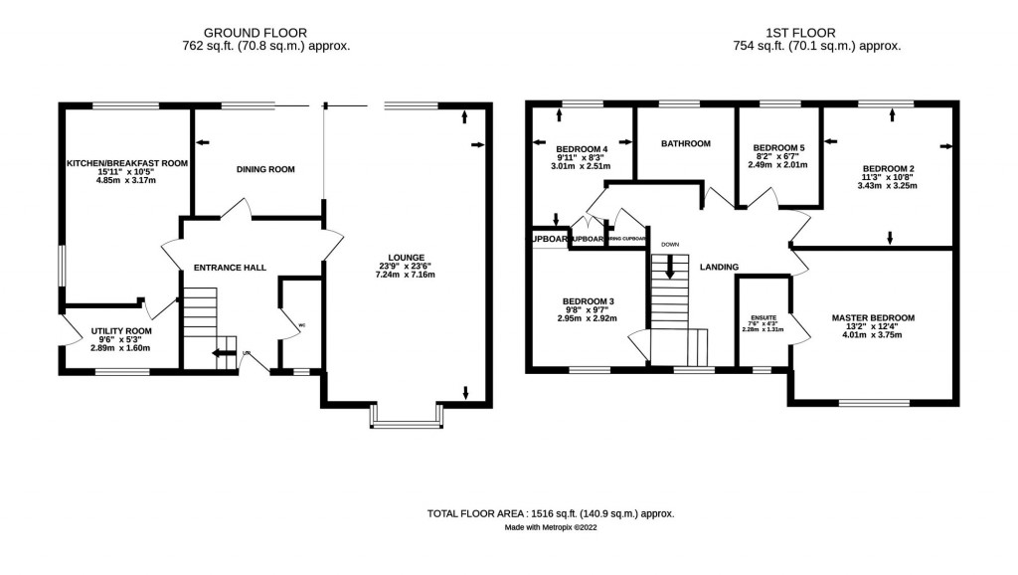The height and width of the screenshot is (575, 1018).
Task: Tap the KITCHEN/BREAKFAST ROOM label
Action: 126,162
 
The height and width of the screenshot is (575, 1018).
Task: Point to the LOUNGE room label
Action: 409,257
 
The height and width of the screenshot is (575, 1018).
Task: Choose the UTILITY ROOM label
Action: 120,330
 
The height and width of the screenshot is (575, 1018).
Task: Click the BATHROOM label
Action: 686,143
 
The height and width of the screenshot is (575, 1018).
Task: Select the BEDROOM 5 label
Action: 778,148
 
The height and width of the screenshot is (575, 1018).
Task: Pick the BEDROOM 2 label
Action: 888,168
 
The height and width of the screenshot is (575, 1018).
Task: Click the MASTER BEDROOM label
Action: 873,318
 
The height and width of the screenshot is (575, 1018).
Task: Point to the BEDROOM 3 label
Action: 588,301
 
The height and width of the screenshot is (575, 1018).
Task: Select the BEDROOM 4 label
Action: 581,149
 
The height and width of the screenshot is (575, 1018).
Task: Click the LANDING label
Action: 719,267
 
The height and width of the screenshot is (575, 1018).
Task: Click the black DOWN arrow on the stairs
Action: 669,267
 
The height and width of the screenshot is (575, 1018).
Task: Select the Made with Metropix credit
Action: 551,528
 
